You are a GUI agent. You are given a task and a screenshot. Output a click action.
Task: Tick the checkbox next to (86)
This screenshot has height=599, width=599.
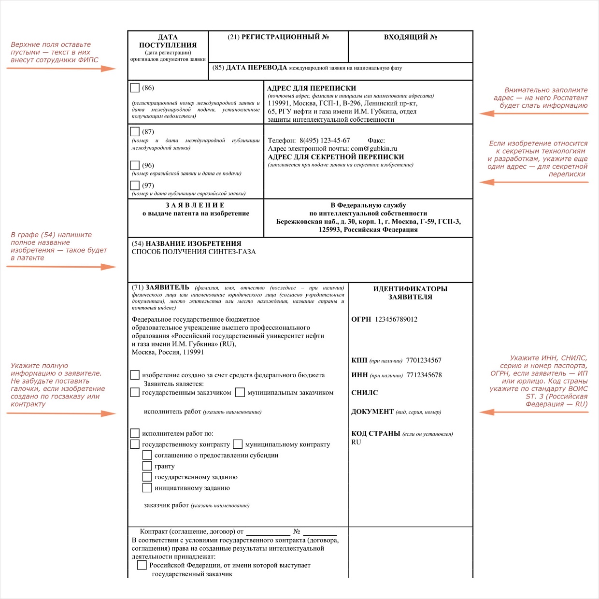135,87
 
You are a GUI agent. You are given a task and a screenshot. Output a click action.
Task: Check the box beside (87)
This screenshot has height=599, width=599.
135,131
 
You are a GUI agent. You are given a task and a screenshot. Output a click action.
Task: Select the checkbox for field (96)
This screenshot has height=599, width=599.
135,165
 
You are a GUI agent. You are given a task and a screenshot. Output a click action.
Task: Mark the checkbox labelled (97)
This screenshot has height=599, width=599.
135,185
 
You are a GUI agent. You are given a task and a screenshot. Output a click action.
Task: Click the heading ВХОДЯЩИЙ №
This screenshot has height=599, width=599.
410,37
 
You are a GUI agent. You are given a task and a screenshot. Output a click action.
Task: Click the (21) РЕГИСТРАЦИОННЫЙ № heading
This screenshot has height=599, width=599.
278,37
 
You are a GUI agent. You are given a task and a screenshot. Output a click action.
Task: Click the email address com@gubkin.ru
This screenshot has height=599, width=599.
374,149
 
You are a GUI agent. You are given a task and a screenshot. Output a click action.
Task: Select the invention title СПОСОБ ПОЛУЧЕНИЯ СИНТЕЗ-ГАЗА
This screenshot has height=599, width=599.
194,252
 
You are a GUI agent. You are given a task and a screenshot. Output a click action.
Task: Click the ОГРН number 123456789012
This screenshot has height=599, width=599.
396,319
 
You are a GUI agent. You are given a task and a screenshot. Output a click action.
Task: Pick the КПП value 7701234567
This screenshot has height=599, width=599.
424,360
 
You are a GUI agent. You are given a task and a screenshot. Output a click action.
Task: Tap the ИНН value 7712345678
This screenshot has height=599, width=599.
424,375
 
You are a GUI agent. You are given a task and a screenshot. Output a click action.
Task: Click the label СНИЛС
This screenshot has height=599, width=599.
365,393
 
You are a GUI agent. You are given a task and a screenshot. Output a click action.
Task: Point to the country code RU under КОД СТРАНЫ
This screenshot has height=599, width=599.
356,442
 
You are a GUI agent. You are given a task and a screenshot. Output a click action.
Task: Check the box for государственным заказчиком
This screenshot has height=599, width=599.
135,392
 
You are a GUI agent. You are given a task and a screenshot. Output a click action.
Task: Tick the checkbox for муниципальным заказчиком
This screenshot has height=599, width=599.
240,392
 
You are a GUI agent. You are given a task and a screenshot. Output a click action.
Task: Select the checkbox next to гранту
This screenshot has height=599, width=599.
147,466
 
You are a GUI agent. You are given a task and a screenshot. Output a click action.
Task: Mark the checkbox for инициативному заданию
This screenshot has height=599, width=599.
147,487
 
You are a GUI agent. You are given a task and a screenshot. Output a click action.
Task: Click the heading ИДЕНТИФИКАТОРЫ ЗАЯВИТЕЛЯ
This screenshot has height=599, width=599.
410,293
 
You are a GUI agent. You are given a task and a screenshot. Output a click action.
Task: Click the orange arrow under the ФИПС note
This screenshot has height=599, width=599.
61,69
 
